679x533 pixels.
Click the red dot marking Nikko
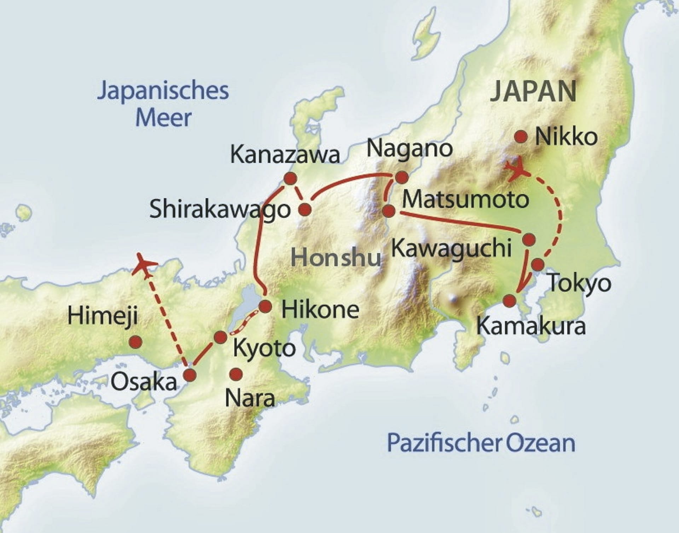(x=521, y=137)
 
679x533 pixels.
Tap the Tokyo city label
(x=579, y=283)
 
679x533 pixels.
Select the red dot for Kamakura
(x=510, y=301)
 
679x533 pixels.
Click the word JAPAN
(x=533, y=91)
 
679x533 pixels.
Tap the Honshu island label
(x=336, y=257)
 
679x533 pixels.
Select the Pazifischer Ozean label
(x=481, y=443)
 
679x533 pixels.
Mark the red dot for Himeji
(x=135, y=342)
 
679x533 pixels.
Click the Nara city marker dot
(x=236, y=374)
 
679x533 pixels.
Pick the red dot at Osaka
(x=190, y=375)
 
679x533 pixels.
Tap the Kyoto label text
(x=264, y=348)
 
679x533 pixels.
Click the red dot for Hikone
(x=265, y=306)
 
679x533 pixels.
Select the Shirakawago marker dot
(x=305, y=210)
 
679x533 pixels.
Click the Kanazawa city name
(x=285, y=155)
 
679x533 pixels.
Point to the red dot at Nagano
(x=401, y=177)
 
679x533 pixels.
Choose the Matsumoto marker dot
(x=389, y=211)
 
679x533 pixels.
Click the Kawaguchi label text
(x=452, y=248)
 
